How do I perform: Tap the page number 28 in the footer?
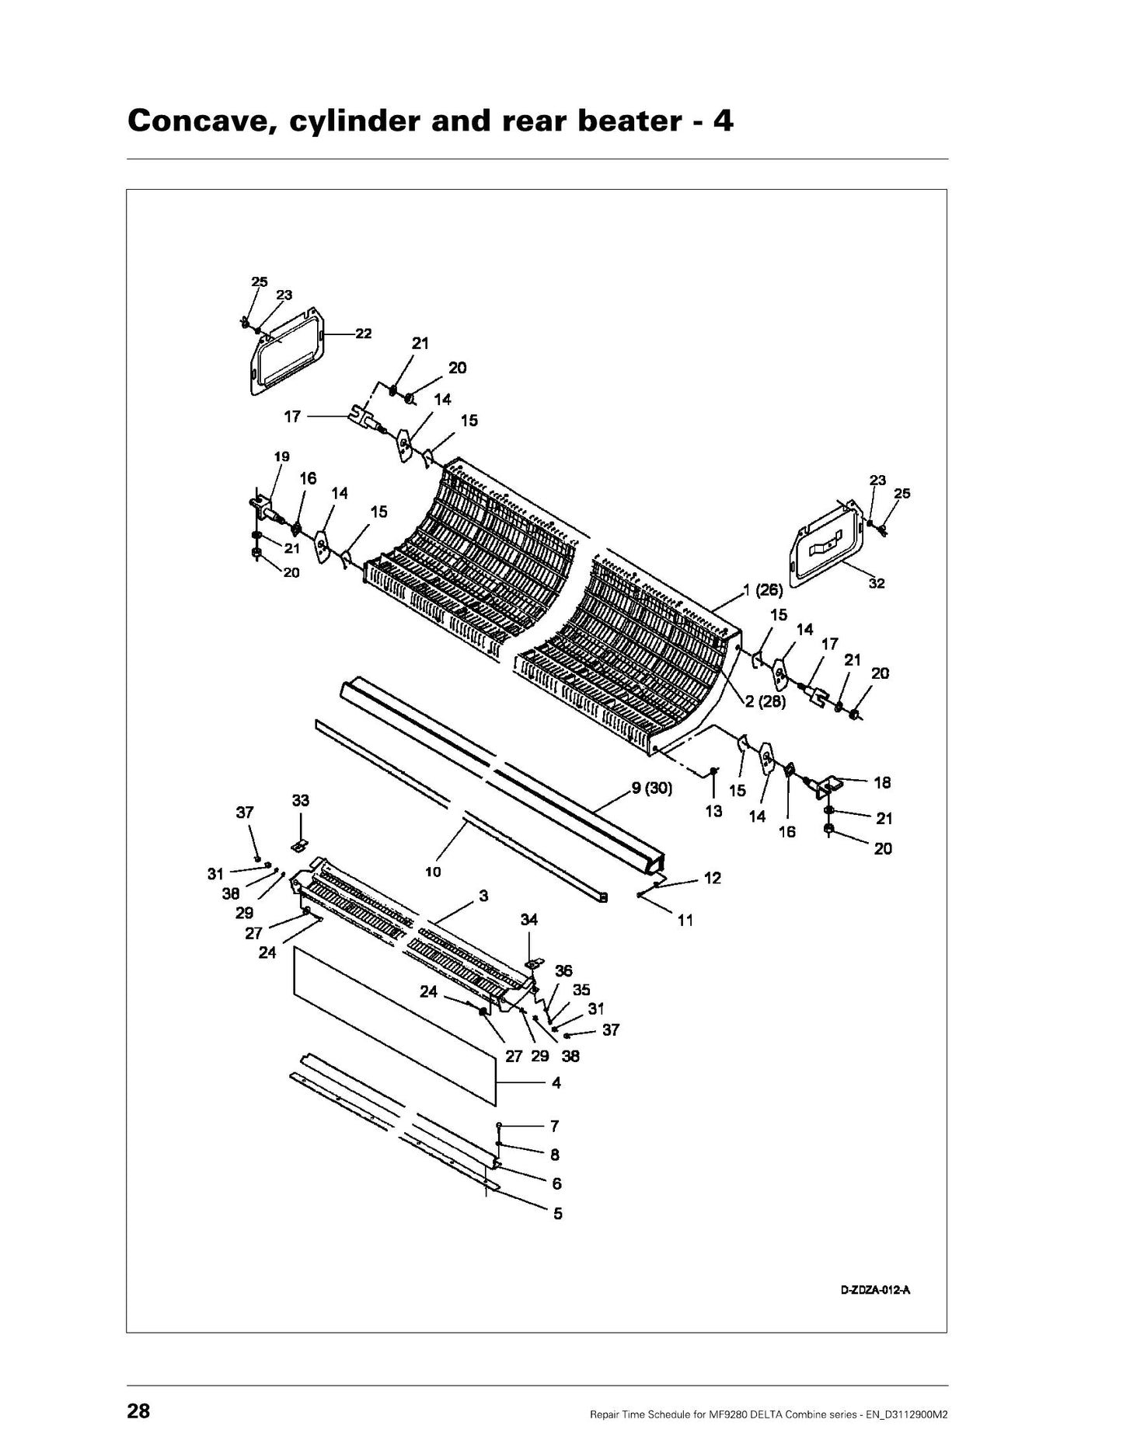[138, 1411]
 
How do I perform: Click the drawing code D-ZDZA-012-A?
[875, 1291]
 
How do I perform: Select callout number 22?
[363, 334]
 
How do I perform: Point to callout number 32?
[877, 583]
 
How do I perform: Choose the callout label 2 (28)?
[766, 702]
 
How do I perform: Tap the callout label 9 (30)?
[651, 788]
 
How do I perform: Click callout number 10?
[433, 872]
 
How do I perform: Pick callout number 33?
[300, 800]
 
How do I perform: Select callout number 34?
[529, 920]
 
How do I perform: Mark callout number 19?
[281, 456]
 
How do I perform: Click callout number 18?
[882, 783]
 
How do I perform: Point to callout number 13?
[713, 812]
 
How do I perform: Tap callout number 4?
[556, 1082]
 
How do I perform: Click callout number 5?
[558, 1213]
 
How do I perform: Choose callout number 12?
[713, 878]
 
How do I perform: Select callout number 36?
[563, 971]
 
